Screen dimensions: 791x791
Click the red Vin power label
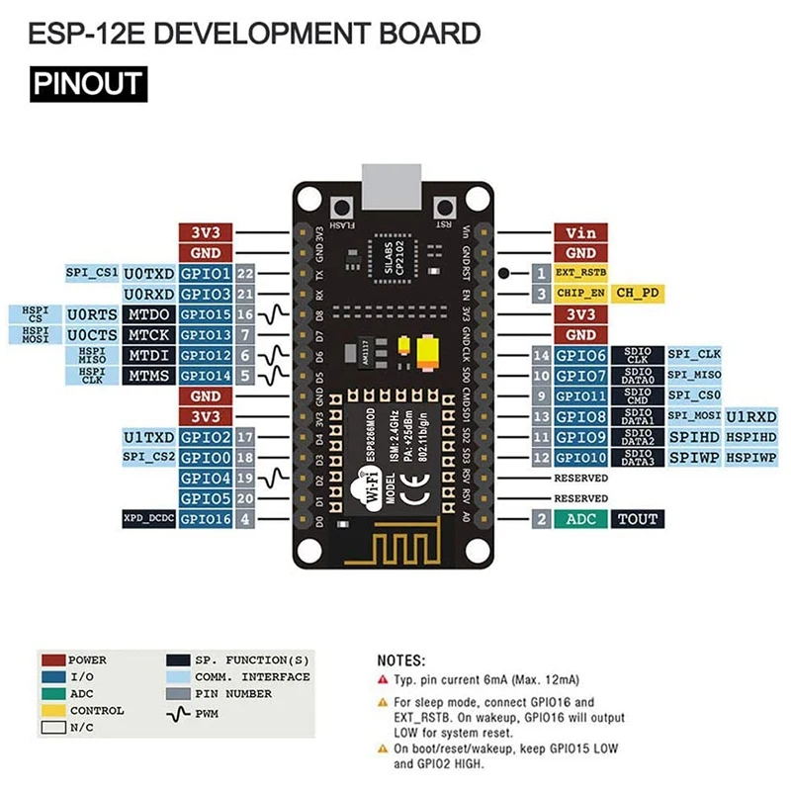[x=580, y=233]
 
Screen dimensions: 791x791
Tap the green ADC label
[x=580, y=519]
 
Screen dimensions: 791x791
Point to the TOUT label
[x=637, y=519]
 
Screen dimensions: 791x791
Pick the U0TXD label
[x=148, y=273]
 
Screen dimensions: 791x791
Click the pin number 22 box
[x=245, y=273]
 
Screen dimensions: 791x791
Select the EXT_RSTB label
[x=580, y=273]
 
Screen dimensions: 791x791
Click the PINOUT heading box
[x=88, y=83]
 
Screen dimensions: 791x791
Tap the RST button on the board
[x=446, y=209]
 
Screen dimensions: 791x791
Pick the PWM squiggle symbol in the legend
[x=178, y=712]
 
